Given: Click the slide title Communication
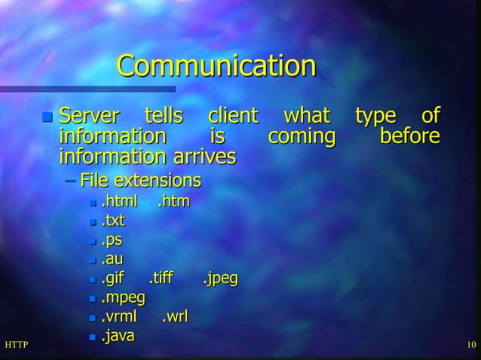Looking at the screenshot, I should click(x=216, y=66).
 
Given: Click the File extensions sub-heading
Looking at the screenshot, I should click(x=141, y=181).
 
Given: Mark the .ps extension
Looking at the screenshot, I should click(x=112, y=241).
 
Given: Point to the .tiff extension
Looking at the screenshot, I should click(x=161, y=279).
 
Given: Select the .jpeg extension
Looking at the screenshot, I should click(x=220, y=279).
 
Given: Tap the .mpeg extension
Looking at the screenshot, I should click(x=123, y=299).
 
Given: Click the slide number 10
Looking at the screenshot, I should click(x=471, y=346).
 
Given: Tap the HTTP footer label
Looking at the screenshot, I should click(x=16, y=346).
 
